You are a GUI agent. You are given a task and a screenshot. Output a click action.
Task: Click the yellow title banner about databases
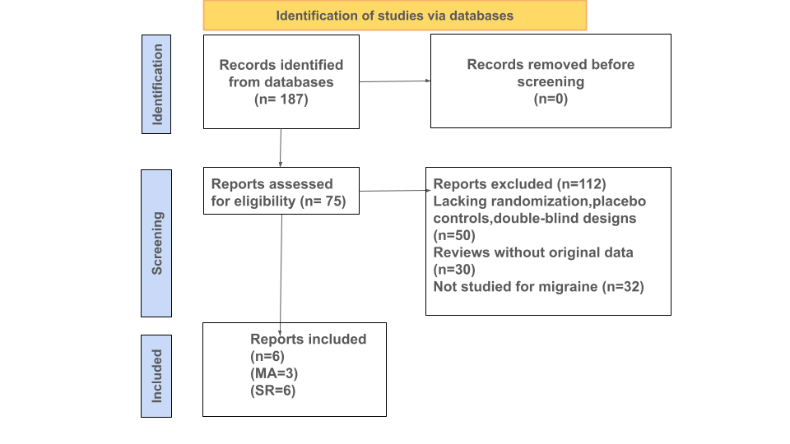click(x=395, y=15)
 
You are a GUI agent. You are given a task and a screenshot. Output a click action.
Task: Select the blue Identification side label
click(x=156, y=84)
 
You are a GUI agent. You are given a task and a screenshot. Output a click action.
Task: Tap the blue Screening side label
click(x=156, y=243)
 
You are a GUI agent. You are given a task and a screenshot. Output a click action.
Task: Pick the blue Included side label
click(x=156, y=376)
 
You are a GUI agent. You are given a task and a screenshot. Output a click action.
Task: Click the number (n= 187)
click(x=281, y=99)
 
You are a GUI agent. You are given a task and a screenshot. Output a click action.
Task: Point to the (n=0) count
click(x=551, y=99)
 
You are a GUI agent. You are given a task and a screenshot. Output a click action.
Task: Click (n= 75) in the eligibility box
click(x=323, y=201)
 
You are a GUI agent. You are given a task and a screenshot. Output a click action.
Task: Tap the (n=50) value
click(x=454, y=236)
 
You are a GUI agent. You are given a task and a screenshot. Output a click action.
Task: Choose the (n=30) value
click(x=454, y=270)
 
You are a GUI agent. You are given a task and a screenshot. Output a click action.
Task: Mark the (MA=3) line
click(x=274, y=373)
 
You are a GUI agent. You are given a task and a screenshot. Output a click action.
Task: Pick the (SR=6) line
click(x=273, y=391)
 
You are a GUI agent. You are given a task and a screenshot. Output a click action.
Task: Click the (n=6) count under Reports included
click(x=267, y=356)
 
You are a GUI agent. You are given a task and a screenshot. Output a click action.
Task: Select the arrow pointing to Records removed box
click(x=395, y=81)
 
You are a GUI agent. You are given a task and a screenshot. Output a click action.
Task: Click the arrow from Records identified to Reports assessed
click(x=281, y=147)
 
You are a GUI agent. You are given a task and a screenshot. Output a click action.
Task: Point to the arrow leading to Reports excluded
click(x=395, y=191)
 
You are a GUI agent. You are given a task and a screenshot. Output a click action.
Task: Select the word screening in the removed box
click(x=551, y=81)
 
